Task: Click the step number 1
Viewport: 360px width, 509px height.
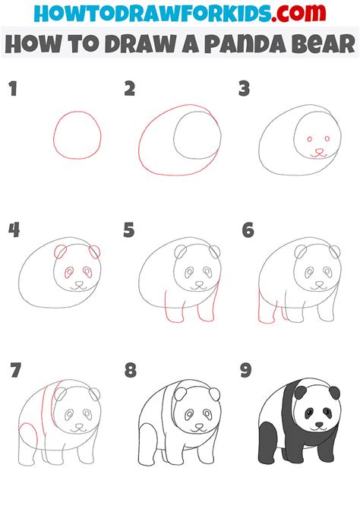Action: pos(13,89)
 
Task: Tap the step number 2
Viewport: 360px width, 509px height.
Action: pos(130,89)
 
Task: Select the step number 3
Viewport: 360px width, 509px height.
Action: pos(244,89)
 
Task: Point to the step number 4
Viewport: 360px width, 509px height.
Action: pos(13,229)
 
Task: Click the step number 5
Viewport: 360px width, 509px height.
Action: pos(130,229)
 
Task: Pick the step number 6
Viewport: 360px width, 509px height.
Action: pos(247,229)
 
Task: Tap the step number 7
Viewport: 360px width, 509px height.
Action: pos(14,371)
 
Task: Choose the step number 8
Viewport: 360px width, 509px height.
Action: pos(131,371)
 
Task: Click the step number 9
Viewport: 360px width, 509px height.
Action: pos(247,371)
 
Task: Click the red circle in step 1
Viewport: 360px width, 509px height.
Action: pos(77,135)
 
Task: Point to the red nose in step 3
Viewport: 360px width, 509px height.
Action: pos(317,151)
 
